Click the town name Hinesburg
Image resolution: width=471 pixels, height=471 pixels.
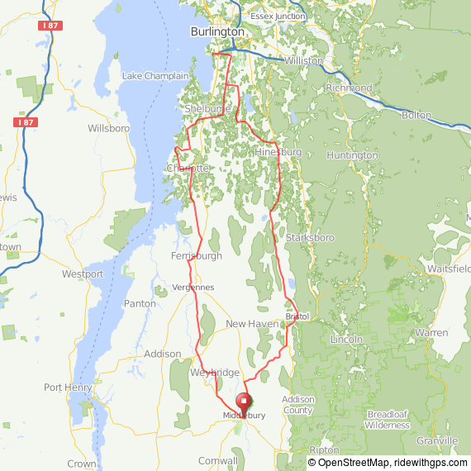coord(278,153)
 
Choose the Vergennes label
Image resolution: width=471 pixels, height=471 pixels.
coord(193,287)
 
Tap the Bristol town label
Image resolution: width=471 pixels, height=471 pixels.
coord(297,316)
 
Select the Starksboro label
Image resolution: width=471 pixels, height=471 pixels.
coord(309,237)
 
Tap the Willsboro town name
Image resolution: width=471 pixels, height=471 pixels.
coord(109,129)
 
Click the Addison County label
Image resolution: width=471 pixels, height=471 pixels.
coord(297,405)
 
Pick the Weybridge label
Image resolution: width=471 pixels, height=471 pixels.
coord(214,373)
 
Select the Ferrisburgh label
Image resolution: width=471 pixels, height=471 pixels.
coord(196,256)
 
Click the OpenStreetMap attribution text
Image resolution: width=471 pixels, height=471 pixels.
coord(348,463)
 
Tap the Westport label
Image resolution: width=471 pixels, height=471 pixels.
coord(83,274)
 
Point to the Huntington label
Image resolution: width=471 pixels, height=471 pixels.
coord(352,155)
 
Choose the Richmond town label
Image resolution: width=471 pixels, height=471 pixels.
coord(350,88)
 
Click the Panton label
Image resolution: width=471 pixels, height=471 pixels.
coord(140,303)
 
